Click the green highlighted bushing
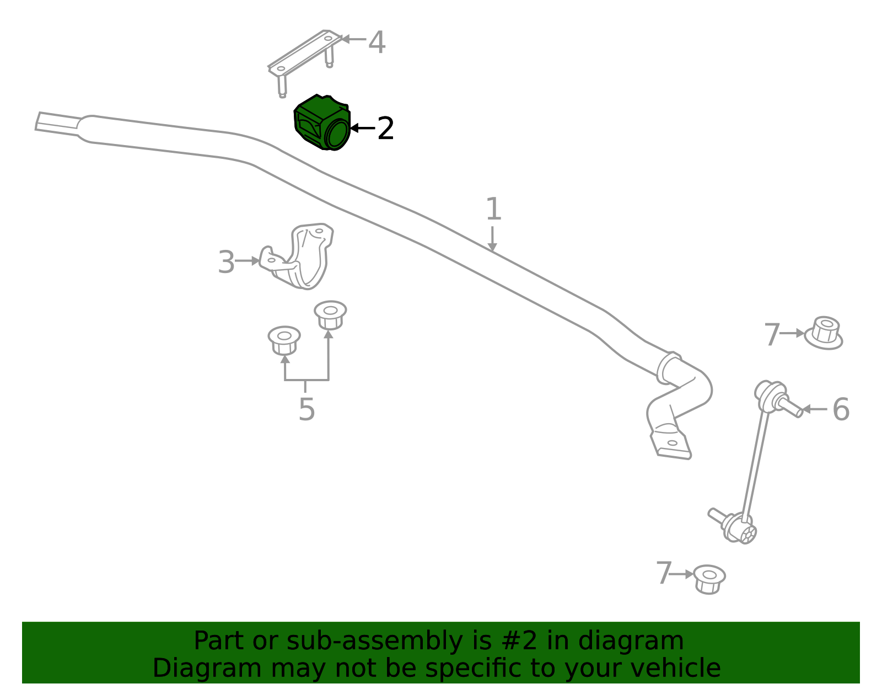click(x=322, y=122)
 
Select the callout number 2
click(x=385, y=129)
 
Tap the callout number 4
click(x=377, y=42)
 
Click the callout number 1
click(x=493, y=209)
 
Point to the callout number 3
click(x=226, y=262)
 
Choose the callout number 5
click(x=306, y=409)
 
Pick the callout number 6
click(x=841, y=409)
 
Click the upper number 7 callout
click(x=772, y=334)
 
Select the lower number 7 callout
click(x=664, y=573)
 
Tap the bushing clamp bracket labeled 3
click(x=297, y=256)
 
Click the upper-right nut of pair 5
click(x=330, y=315)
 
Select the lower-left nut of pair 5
click(x=284, y=340)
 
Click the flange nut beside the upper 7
click(x=824, y=333)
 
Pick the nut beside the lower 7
click(x=709, y=579)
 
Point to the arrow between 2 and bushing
click(x=363, y=129)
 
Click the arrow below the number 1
click(x=492, y=239)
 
